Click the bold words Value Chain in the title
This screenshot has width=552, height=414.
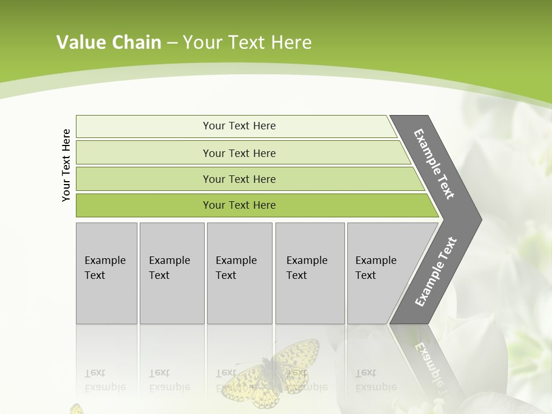tap(109, 43)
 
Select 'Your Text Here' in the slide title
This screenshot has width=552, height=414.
tap(247, 43)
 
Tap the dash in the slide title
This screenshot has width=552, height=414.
tap(172, 43)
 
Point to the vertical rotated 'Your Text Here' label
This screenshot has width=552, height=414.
tap(66, 165)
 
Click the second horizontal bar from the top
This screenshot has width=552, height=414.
tap(239, 153)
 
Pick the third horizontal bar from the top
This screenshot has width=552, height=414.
tap(239, 179)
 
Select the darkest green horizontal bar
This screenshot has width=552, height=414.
tap(239, 205)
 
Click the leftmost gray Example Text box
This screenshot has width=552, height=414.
tap(106, 273)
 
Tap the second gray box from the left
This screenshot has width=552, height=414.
tap(172, 273)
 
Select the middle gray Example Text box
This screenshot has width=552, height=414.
tap(239, 273)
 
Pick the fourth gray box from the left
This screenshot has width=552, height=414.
tap(310, 273)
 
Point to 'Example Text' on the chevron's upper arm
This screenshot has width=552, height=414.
tap(434, 164)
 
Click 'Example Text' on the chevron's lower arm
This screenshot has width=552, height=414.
tap(435, 272)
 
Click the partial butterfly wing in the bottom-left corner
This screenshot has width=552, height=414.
tap(76, 409)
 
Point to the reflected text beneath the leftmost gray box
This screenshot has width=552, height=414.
tap(103, 380)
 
